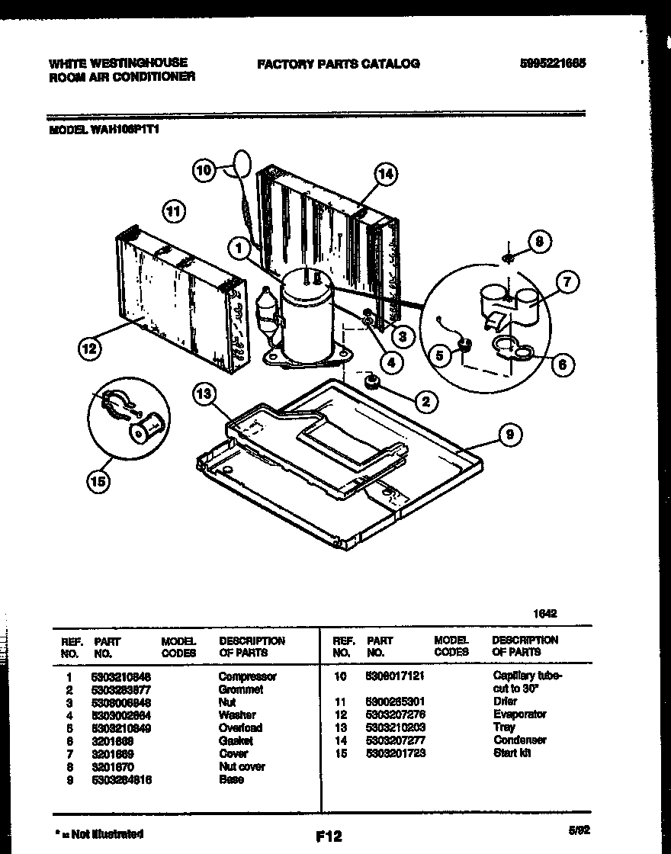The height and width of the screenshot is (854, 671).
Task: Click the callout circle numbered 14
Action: [385, 175]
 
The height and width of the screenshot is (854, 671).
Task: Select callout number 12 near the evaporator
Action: [91, 350]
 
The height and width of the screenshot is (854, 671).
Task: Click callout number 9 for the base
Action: [509, 435]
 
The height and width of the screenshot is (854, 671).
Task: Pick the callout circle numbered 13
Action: [204, 394]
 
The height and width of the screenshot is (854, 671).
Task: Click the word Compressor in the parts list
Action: [247, 676]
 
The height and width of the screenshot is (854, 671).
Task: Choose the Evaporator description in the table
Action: [519, 714]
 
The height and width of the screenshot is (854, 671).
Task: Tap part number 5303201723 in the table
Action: [396, 753]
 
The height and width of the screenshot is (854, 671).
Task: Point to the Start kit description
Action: [512, 753]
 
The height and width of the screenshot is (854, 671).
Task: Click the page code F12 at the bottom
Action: [329, 836]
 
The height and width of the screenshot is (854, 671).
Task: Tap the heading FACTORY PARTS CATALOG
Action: [338, 64]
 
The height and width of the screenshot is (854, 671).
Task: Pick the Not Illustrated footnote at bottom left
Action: [99, 834]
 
